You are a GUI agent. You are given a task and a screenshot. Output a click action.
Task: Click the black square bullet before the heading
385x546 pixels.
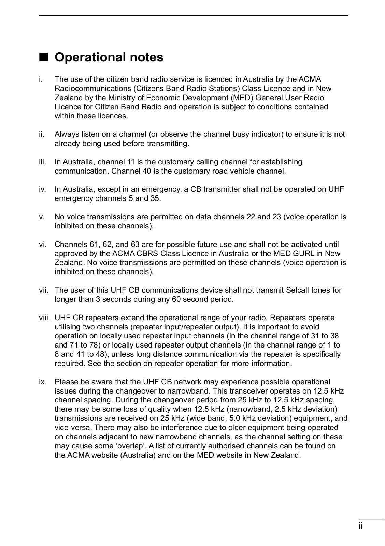point(44,57)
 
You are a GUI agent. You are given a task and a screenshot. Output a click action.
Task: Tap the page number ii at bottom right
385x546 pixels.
point(361,526)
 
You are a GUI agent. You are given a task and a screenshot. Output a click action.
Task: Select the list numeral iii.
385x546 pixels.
point(42,162)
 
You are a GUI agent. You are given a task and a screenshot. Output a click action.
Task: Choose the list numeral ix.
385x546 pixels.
point(42,382)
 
